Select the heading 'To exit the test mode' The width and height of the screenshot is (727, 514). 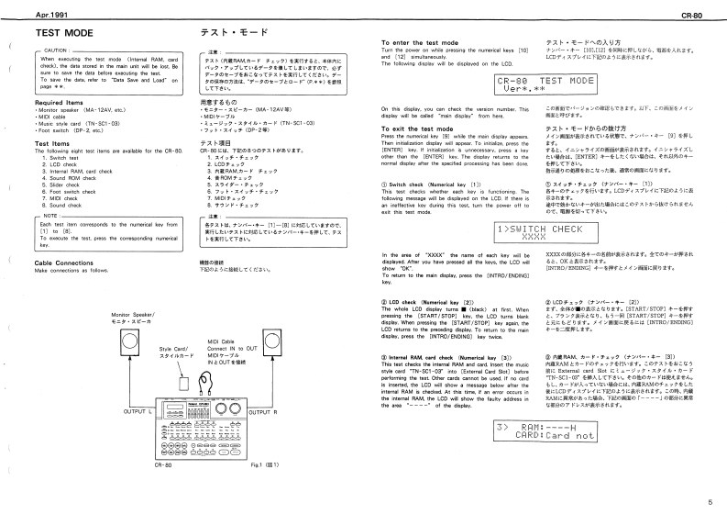coord(416,128)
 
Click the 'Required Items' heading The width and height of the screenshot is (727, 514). coord(60,102)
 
